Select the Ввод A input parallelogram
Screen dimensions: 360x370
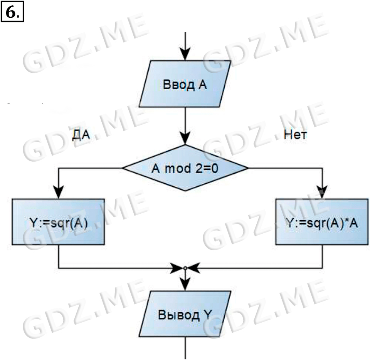(185, 85)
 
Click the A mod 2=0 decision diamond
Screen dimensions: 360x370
(185, 168)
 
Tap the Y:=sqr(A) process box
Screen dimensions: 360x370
(58, 222)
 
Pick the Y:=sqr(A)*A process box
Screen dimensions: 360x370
(322, 222)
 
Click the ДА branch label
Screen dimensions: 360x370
(81, 136)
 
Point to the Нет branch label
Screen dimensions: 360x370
(295, 135)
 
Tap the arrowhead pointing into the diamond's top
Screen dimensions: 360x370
(185, 139)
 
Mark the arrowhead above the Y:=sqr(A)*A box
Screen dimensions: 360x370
(322, 192)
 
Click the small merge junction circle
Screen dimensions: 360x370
(185, 267)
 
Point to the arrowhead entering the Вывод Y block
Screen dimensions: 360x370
(185, 285)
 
